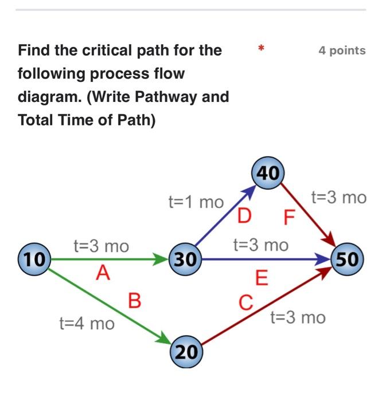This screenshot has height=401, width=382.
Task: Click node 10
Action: tap(34, 259)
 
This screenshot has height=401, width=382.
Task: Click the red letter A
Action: tap(103, 274)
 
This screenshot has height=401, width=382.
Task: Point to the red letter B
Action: tap(134, 300)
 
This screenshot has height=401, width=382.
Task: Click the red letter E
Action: tap(262, 280)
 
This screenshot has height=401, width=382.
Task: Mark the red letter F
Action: tap(288, 219)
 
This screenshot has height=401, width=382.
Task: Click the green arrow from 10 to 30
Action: tap(109, 260)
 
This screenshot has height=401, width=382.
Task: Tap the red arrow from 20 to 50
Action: tap(267, 310)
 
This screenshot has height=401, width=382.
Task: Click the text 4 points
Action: tap(342, 50)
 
